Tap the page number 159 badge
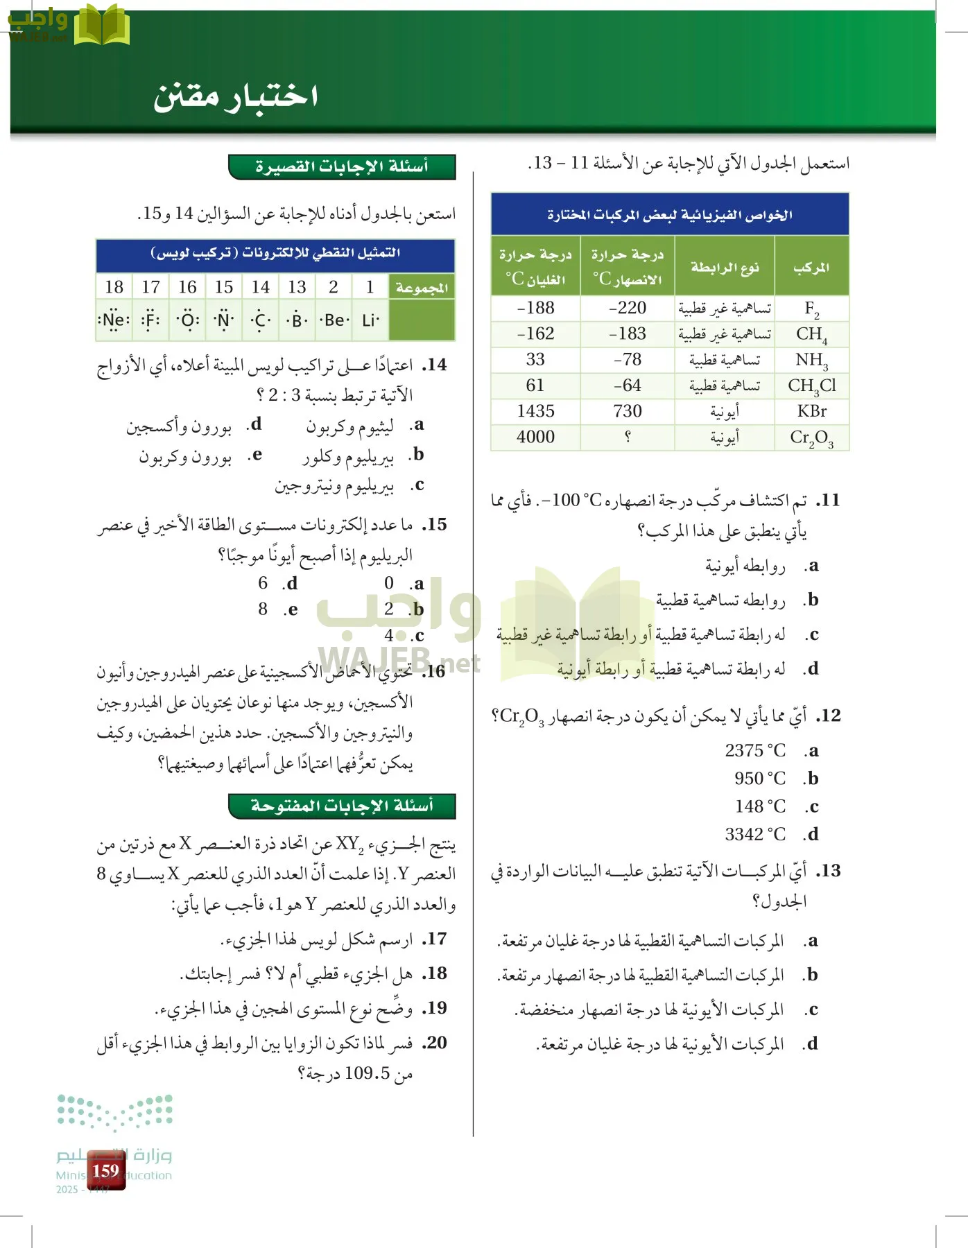click(x=105, y=1171)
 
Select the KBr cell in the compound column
click(x=811, y=411)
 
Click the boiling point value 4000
click(x=535, y=437)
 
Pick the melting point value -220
click(x=627, y=308)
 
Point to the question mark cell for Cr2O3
click(x=627, y=437)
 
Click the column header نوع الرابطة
click(x=724, y=267)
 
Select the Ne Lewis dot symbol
click(x=114, y=320)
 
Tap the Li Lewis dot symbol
click(x=370, y=320)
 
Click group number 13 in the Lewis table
click(x=297, y=287)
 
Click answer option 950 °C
click(x=760, y=779)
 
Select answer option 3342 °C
click(x=755, y=834)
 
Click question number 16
click(x=435, y=671)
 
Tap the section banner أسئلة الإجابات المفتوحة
click(x=342, y=806)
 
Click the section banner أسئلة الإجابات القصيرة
click(x=342, y=166)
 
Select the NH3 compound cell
click(x=811, y=360)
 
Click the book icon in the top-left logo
click(x=101, y=26)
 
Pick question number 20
click(x=435, y=1042)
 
